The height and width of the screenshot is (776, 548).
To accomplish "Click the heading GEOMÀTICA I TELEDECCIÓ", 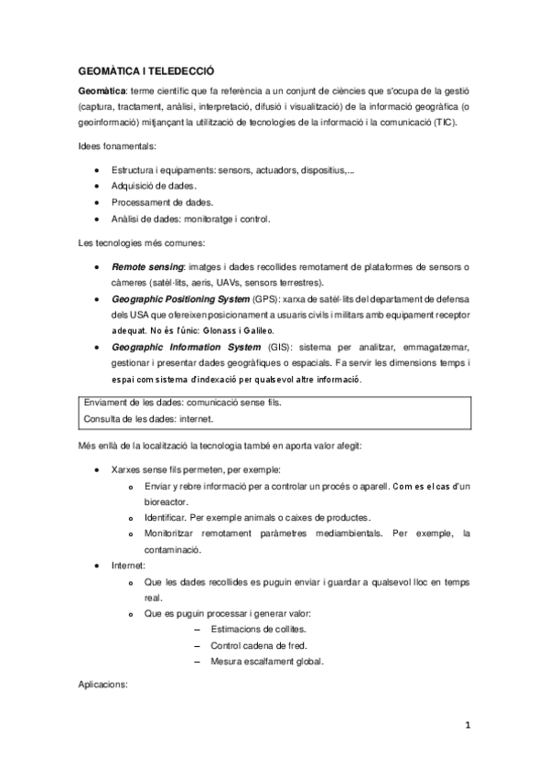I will tap(145, 71).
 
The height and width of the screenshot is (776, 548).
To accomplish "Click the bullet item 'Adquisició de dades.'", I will tap(147, 186).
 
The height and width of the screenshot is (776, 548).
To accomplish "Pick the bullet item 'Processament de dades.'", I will tap(151, 202).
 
